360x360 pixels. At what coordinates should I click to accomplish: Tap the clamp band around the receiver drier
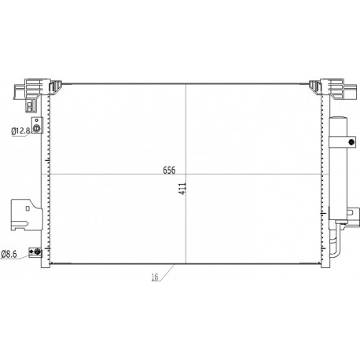coord(340,142)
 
